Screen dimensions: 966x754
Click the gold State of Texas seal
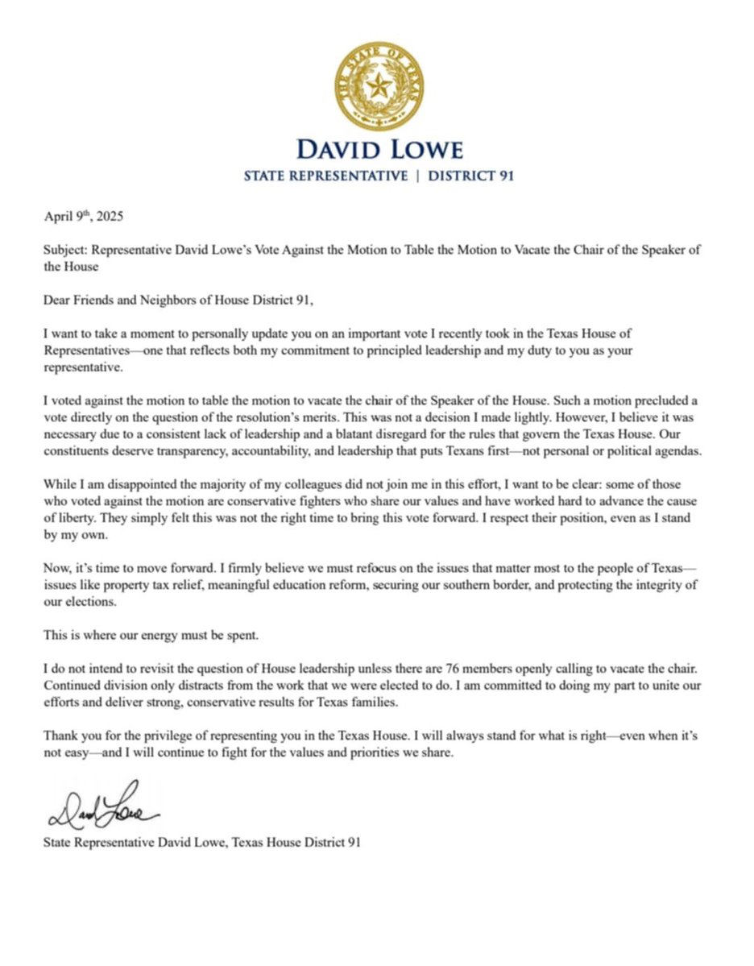click(379, 87)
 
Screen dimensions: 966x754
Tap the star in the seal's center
click(379, 86)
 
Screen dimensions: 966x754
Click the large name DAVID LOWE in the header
click(379, 150)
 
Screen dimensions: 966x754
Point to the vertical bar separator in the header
click(418, 176)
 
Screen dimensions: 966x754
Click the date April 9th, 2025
click(83, 217)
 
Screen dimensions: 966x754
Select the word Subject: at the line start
click(66, 250)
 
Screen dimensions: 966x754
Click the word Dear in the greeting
click(58, 301)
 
